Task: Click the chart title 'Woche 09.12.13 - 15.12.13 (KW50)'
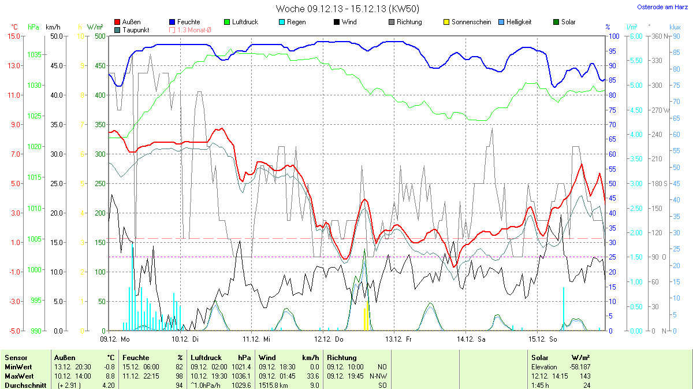[x=347, y=9]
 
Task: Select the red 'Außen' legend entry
[x=127, y=22]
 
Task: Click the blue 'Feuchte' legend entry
[x=184, y=22]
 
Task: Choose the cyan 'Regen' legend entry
[x=292, y=22]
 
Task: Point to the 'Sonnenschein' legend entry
[x=467, y=22]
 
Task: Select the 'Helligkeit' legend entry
[x=514, y=22]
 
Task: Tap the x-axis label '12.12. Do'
[x=329, y=339]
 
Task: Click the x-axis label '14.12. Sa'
[x=472, y=339]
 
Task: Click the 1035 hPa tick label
[x=35, y=54]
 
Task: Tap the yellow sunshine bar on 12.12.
[x=365, y=319]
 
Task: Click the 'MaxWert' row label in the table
[x=17, y=376]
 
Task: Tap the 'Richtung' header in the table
[x=341, y=358]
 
